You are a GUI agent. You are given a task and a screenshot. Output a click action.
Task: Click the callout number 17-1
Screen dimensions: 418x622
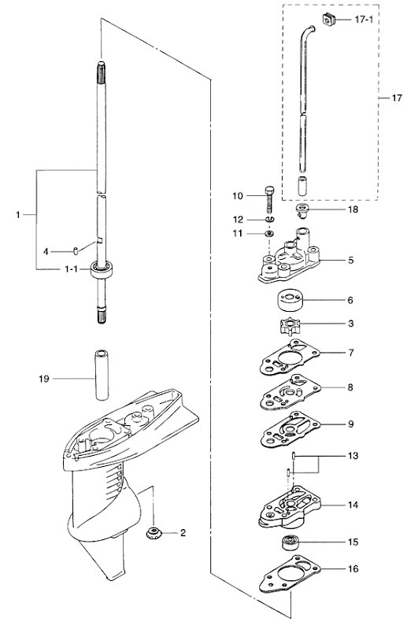(x=364, y=19)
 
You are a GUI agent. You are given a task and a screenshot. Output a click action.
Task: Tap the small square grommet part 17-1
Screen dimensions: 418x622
(x=328, y=19)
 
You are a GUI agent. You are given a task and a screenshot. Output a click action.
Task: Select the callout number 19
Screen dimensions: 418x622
(x=44, y=379)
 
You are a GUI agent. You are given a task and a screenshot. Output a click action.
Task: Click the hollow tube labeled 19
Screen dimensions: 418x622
(x=101, y=375)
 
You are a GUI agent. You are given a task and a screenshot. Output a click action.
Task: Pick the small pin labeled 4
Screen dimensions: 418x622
(x=76, y=250)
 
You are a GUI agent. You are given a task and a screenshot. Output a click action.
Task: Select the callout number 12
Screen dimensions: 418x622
(x=238, y=220)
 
